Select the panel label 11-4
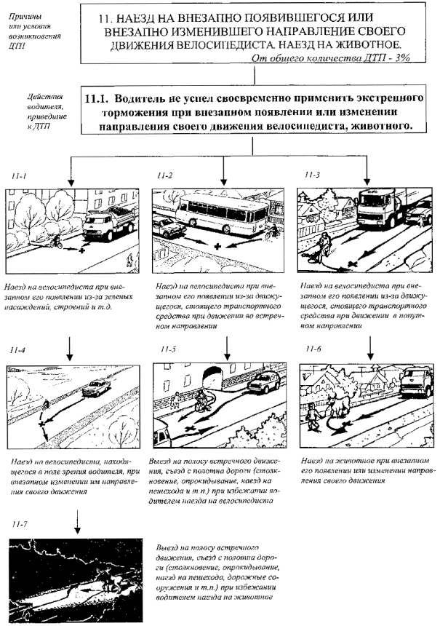[20, 350]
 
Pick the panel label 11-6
[313, 350]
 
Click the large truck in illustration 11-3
[384, 211]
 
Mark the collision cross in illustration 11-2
[217, 247]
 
